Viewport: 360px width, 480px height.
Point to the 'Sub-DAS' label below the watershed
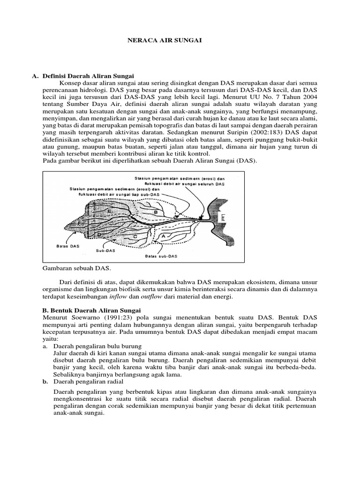[106, 250]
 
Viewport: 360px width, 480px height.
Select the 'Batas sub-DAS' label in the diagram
[161, 256]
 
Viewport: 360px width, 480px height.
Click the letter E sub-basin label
[109, 212]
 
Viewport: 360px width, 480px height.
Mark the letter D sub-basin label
[99, 233]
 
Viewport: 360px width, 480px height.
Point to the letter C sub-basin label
[135, 237]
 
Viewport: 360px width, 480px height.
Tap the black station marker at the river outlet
[201, 217]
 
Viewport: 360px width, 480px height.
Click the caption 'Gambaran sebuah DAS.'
[75, 268]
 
